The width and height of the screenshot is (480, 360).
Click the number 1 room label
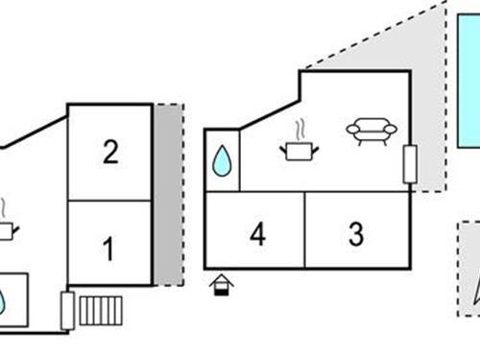pyautogui.click(x=108, y=250)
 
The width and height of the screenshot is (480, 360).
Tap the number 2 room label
pyautogui.click(x=110, y=153)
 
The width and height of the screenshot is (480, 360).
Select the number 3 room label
pyautogui.click(x=356, y=234)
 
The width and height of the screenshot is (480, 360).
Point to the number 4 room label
pyautogui.click(x=256, y=234)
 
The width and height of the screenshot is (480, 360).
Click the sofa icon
pyautogui.click(x=370, y=132)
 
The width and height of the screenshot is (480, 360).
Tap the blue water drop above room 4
pyautogui.click(x=222, y=161)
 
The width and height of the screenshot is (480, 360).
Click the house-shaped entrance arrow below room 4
pyautogui.click(x=221, y=284)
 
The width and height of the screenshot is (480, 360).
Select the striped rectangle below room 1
pyautogui.click(x=102, y=311)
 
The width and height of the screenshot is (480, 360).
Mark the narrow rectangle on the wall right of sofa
pyautogui.click(x=409, y=164)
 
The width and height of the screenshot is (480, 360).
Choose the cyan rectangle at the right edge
pyautogui.click(x=468, y=77)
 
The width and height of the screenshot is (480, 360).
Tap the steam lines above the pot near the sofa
pyautogui.click(x=300, y=127)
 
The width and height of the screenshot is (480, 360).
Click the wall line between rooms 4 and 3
pyautogui.click(x=305, y=230)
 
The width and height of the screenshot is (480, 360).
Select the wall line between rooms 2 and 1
pyautogui.click(x=109, y=200)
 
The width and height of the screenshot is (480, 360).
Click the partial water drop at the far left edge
pyautogui.click(x=3, y=302)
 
